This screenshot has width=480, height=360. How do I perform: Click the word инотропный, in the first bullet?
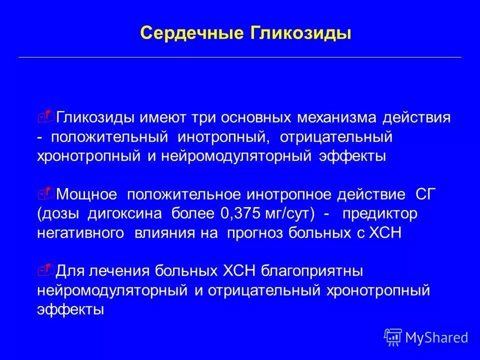pos(223,137)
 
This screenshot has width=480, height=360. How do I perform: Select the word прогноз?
pos(254,233)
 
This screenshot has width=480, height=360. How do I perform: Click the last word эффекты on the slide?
pos(70,309)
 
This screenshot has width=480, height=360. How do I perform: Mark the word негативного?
pos(80,233)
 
